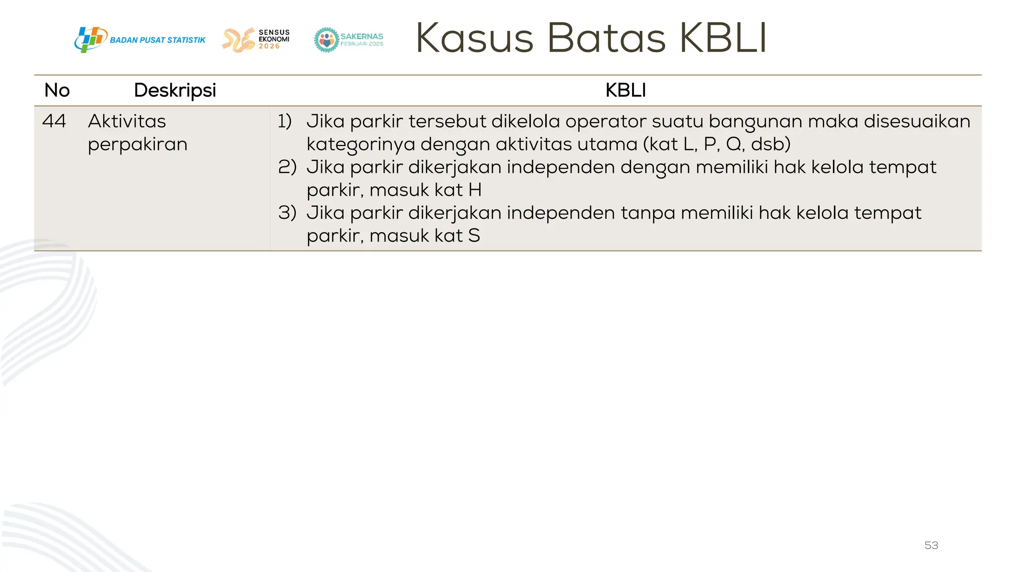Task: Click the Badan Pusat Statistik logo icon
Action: (x=90, y=40)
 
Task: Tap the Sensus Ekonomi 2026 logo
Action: (x=256, y=40)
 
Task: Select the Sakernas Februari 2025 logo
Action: (x=349, y=40)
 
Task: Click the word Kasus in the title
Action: (x=474, y=38)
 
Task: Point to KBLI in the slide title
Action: (x=723, y=38)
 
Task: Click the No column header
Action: (x=57, y=90)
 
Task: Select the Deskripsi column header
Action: (x=175, y=90)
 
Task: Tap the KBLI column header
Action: (x=626, y=90)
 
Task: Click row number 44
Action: (x=54, y=121)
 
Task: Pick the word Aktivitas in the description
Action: (x=127, y=121)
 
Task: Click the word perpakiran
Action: (x=137, y=144)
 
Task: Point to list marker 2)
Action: (x=287, y=167)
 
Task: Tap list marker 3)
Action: (x=287, y=213)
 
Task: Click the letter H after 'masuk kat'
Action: (x=475, y=190)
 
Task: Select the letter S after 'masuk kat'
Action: (x=474, y=235)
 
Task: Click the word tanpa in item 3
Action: (x=647, y=213)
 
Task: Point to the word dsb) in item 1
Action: (x=770, y=144)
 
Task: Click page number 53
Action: (x=931, y=545)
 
